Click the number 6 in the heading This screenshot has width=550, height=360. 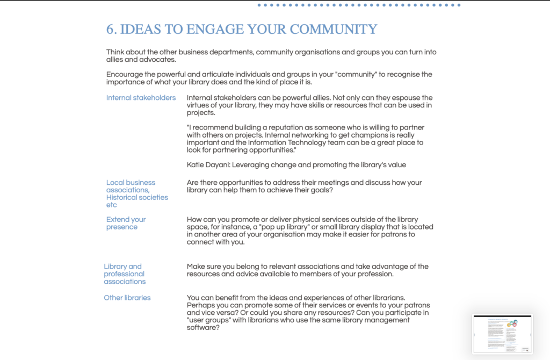pyautogui.click(x=111, y=29)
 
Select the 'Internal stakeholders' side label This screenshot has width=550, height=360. pyautogui.click(x=141, y=98)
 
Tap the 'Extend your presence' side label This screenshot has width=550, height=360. pyautogui.click(x=126, y=223)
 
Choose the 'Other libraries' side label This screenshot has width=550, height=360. pyautogui.click(x=127, y=298)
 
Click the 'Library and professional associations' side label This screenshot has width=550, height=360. pyautogui.click(x=125, y=274)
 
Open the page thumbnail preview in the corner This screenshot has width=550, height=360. pyautogui.click(x=502, y=334)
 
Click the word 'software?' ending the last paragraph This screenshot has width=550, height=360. pyautogui.click(x=203, y=328)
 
